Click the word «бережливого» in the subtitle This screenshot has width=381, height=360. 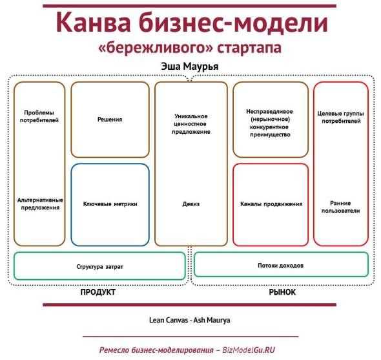coord(156,48)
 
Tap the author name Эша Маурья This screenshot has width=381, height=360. coord(190,67)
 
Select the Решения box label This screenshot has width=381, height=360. coord(110,120)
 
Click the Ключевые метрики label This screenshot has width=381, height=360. coord(110,204)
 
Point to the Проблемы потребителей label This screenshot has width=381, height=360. coord(39,116)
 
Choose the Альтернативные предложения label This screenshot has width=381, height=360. coord(40,204)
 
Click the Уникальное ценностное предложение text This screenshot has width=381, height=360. coord(191,124)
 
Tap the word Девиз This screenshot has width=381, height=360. coord(191,204)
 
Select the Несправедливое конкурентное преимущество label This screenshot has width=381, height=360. coord(270,123)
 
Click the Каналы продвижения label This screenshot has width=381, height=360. coord(271,204)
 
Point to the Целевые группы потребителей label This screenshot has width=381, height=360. coord(341,117)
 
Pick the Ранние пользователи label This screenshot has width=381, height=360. coord(341,207)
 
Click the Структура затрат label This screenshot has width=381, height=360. coord(100,267)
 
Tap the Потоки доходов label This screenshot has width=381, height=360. coord(281,266)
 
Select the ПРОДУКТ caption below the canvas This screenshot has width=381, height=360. coord(98,292)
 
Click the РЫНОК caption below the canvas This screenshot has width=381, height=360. coord(282,292)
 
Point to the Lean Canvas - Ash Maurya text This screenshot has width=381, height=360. coord(189,320)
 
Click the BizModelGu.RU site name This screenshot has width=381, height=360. coord(249,350)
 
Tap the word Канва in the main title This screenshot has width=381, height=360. coord(94,23)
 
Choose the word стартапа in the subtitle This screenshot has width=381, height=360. coord(249,48)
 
